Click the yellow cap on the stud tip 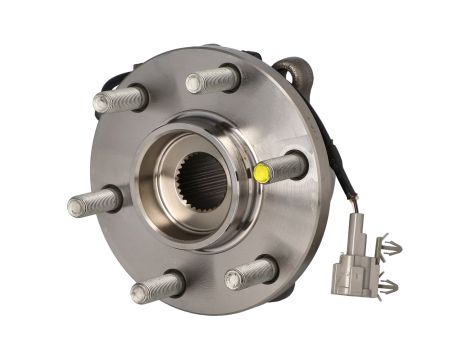point(263,173)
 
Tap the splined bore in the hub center point(204,183)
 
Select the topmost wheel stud point(213,78)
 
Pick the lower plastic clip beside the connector point(384,288)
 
